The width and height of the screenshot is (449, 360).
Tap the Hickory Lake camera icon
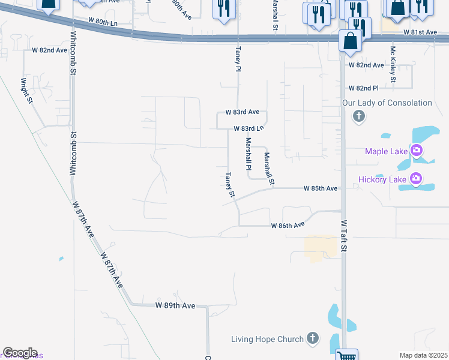pos(415,178)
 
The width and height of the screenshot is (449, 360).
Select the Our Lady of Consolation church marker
pos(359,116)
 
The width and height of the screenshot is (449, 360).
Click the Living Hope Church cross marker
pos(312,339)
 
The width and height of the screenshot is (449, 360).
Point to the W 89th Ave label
pos(175,305)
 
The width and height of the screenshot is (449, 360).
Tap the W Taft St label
pos(344,235)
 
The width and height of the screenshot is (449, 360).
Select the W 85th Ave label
pos(321,188)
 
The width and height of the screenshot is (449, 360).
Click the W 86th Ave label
pos(288,226)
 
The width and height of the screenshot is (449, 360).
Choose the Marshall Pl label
pos(247,154)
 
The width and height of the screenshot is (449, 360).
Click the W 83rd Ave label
pos(242,112)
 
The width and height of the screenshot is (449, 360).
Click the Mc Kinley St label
pos(393,65)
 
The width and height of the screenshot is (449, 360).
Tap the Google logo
pos(20,353)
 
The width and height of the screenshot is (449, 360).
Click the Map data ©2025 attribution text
pos(423,355)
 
